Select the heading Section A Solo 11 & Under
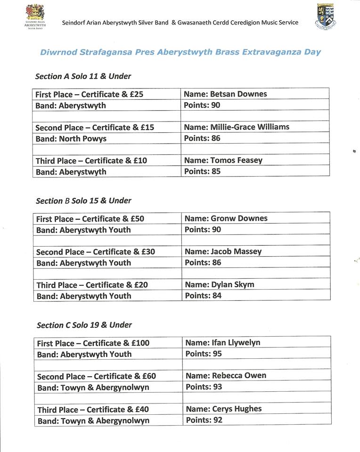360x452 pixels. click(83, 76)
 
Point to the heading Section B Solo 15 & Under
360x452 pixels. click(83, 201)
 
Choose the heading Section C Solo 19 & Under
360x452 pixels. click(84, 325)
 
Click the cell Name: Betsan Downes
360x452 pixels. click(225, 94)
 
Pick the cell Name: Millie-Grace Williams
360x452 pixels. click(237, 127)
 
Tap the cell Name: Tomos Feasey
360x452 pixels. click(223, 160)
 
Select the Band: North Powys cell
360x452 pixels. click(71, 138)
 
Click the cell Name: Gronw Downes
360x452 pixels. click(226, 218)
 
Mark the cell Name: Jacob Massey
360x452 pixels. click(223, 251)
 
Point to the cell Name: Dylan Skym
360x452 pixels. click(220, 284)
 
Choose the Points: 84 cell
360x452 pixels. click(203, 296)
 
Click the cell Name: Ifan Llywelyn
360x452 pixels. click(223, 343)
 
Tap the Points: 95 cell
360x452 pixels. click(204, 354)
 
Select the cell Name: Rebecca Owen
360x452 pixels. click(226, 376)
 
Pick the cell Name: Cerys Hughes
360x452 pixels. click(224, 409)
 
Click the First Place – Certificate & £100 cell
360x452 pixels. click(93, 343)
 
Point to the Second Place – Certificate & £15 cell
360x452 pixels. click(95, 128)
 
